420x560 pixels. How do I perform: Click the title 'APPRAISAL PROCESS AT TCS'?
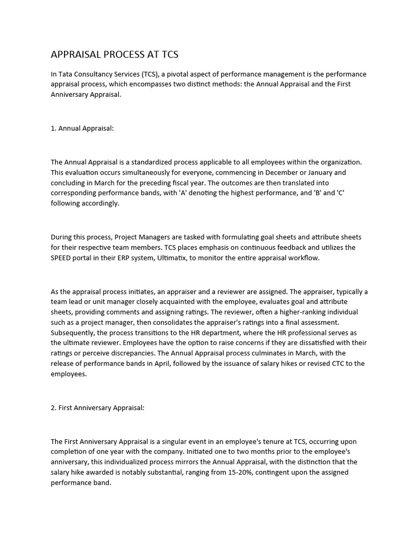(x=114, y=54)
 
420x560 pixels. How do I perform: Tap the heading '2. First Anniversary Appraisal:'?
(x=97, y=408)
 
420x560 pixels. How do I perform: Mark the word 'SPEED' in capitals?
(x=62, y=258)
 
